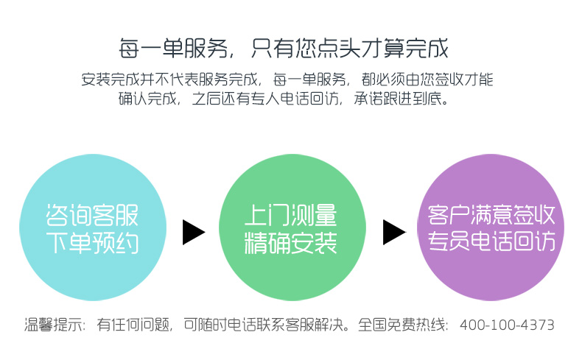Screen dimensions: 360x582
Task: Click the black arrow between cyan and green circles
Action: tap(193, 231)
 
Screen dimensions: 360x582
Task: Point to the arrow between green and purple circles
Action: tap(393, 231)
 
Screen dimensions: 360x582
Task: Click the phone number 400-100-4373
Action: tap(507, 325)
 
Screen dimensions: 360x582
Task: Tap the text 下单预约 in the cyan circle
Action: tap(92, 244)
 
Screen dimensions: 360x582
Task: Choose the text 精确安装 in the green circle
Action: tap(291, 242)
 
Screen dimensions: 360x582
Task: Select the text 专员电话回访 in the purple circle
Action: tap(491, 241)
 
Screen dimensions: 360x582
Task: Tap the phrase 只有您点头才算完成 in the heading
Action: tap(349, 49)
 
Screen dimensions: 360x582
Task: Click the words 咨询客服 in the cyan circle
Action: tap(92, 214)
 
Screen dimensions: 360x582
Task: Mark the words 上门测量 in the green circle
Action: tap(291, 214)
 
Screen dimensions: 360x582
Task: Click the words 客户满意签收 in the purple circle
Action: tap(491, 215)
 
